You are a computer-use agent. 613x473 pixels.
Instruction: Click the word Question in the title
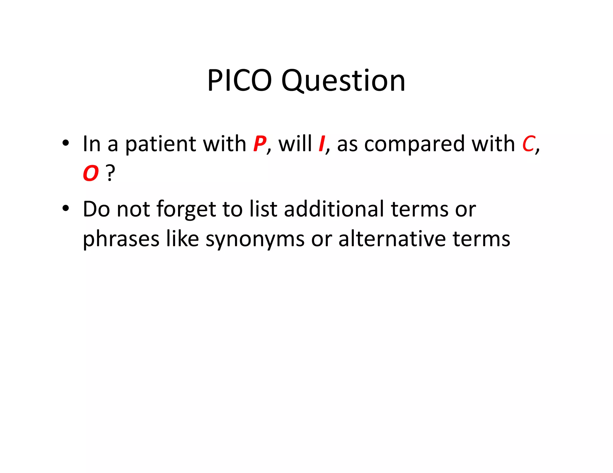343,81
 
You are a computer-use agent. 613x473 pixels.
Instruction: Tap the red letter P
259,144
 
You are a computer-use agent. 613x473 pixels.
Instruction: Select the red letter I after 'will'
322,144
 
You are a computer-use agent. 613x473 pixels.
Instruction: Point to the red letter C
528,144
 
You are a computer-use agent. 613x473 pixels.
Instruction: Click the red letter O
90,173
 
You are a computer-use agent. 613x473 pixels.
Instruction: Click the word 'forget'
186,210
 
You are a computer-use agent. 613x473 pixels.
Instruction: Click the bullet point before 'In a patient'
66,143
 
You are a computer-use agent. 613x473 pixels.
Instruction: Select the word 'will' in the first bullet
295,144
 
